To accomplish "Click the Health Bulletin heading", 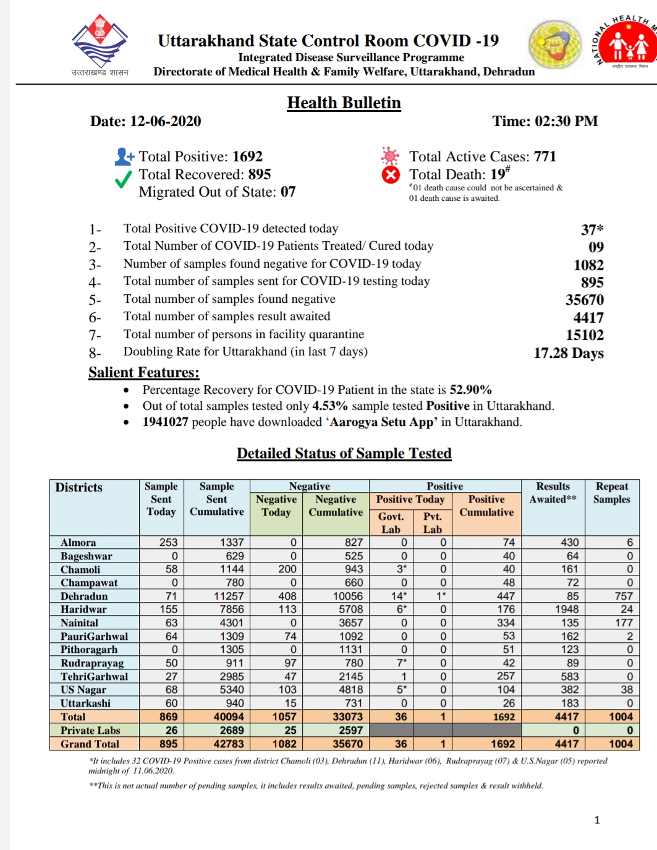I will coord(344,103).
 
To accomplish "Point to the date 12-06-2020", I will coord(165,121).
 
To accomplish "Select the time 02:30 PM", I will coord(567,121).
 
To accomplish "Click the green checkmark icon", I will coord(124,179).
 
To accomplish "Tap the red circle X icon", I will coord(391,175).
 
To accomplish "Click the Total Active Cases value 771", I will coord(545,156).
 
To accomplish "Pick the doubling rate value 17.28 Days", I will coord(569,353).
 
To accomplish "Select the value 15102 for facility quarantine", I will coord(585,335).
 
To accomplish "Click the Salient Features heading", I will coord(143,372).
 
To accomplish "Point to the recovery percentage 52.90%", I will coord(470,390).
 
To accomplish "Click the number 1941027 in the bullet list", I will coord(165,422).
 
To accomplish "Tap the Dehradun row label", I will coord(84,597).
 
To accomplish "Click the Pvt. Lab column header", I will coord(433,523).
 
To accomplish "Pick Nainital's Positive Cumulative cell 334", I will coord(506,623).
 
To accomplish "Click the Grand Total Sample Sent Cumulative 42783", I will coord(228,744).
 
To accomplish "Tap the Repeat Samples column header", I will coord(611,493).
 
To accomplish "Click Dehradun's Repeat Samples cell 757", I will coord(623,597).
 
